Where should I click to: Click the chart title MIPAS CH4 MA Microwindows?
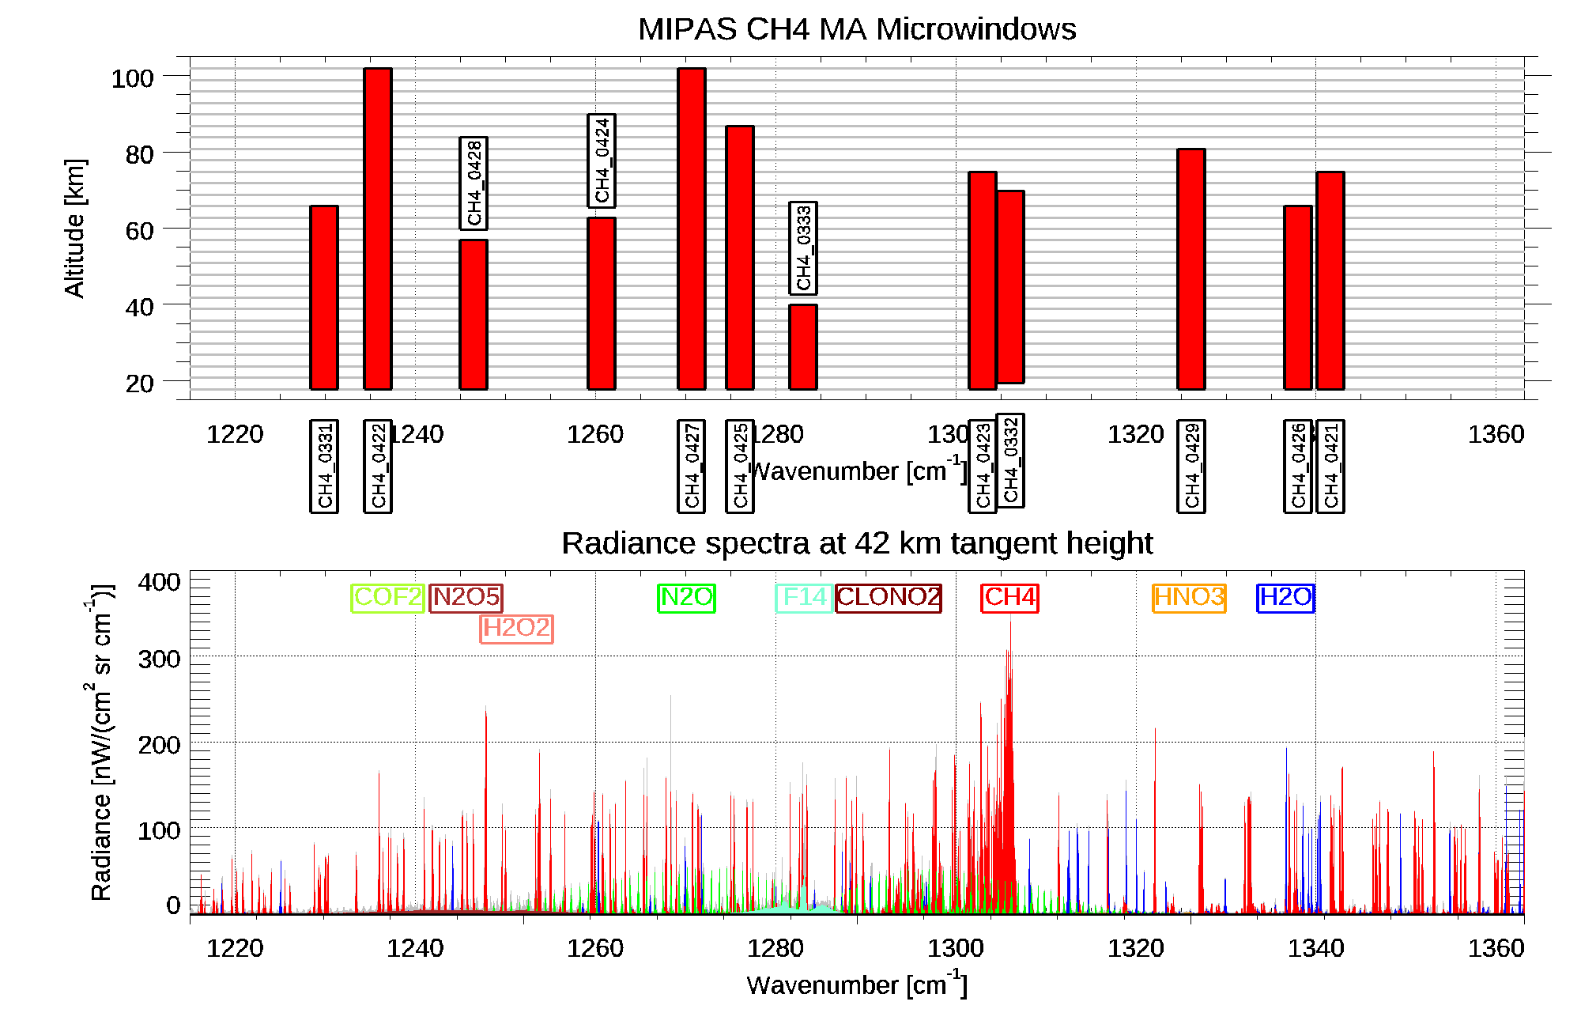click(x=857, y=29)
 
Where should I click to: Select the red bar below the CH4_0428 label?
click(x=474, y=315)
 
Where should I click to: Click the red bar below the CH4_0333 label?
click(x=802, y=347)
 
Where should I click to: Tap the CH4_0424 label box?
click(x=602, y=161)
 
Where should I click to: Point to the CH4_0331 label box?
click(x=324, y=467)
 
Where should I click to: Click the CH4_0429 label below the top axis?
click(x=1191, y=467)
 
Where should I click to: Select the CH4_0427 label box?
click(x=692, y=467)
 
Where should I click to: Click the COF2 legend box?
click(x=387, y=597)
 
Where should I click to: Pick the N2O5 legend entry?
click(x=466, y=597)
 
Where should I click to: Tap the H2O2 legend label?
click(x=516, y=629)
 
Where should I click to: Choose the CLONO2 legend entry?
click(x=889, y=597)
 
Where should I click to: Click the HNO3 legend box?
click(x=1189, y=597)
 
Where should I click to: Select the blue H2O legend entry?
click(x=1285, y=597)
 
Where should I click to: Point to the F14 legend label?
click(x=804, y=597)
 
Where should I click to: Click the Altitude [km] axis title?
click(x=75, y=228)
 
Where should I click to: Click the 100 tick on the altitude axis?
click(x=132, y=78)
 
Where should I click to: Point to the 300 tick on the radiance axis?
click(x=159, y=659)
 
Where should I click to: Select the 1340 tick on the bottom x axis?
click(x=1315, y=947)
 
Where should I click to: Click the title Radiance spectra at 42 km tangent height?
click(x=857, y=543)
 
